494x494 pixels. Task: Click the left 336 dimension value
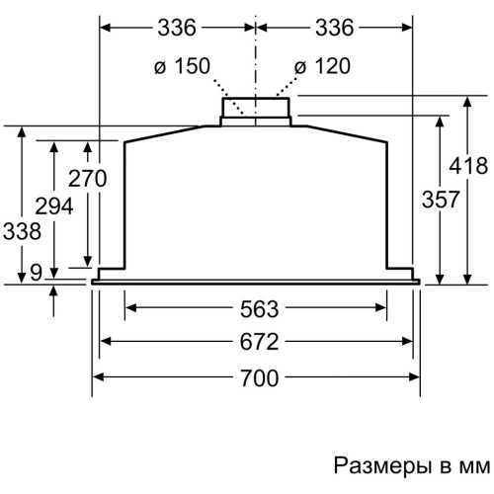pyautogui.click(x=177, y=28)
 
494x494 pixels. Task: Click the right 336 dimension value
pyautogui.click(x=335, y=28)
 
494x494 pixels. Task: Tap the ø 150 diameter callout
pyautogui.click(x=182, y=66)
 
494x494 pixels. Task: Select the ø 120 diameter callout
pyautogui.click(x=322, y=66)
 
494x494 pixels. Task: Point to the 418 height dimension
pyautogui.click(x=468, y=166)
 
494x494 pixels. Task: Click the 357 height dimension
pyautogui.click(x=441, y=200)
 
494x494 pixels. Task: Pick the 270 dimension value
pyautogui.click(x=88, y=179)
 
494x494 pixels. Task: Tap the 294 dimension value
pyautogui.click(x=54, y=206)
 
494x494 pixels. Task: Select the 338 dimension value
pyautogui.click(x=22, y=231)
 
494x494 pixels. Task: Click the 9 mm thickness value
pyautogui.click(x=37, y=273)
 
